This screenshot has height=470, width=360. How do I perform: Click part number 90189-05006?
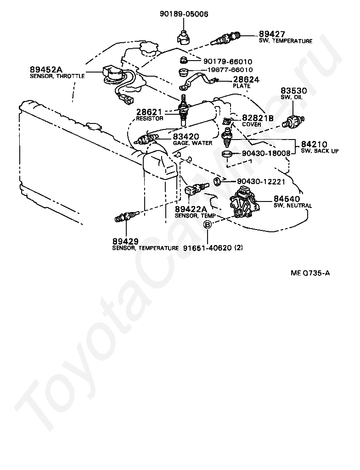pos(184,14)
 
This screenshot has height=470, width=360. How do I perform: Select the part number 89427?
pos(272,34)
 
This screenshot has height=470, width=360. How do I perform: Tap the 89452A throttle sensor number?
pos(45,69)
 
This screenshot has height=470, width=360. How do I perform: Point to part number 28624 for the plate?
pos(246,79)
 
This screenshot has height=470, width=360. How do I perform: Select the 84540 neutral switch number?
pos(287,199)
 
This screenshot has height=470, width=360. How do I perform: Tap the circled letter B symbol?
pos(208,224)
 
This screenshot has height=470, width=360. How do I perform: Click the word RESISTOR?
pos(149,118)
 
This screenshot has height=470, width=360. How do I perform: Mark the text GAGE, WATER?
pos(192,143)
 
